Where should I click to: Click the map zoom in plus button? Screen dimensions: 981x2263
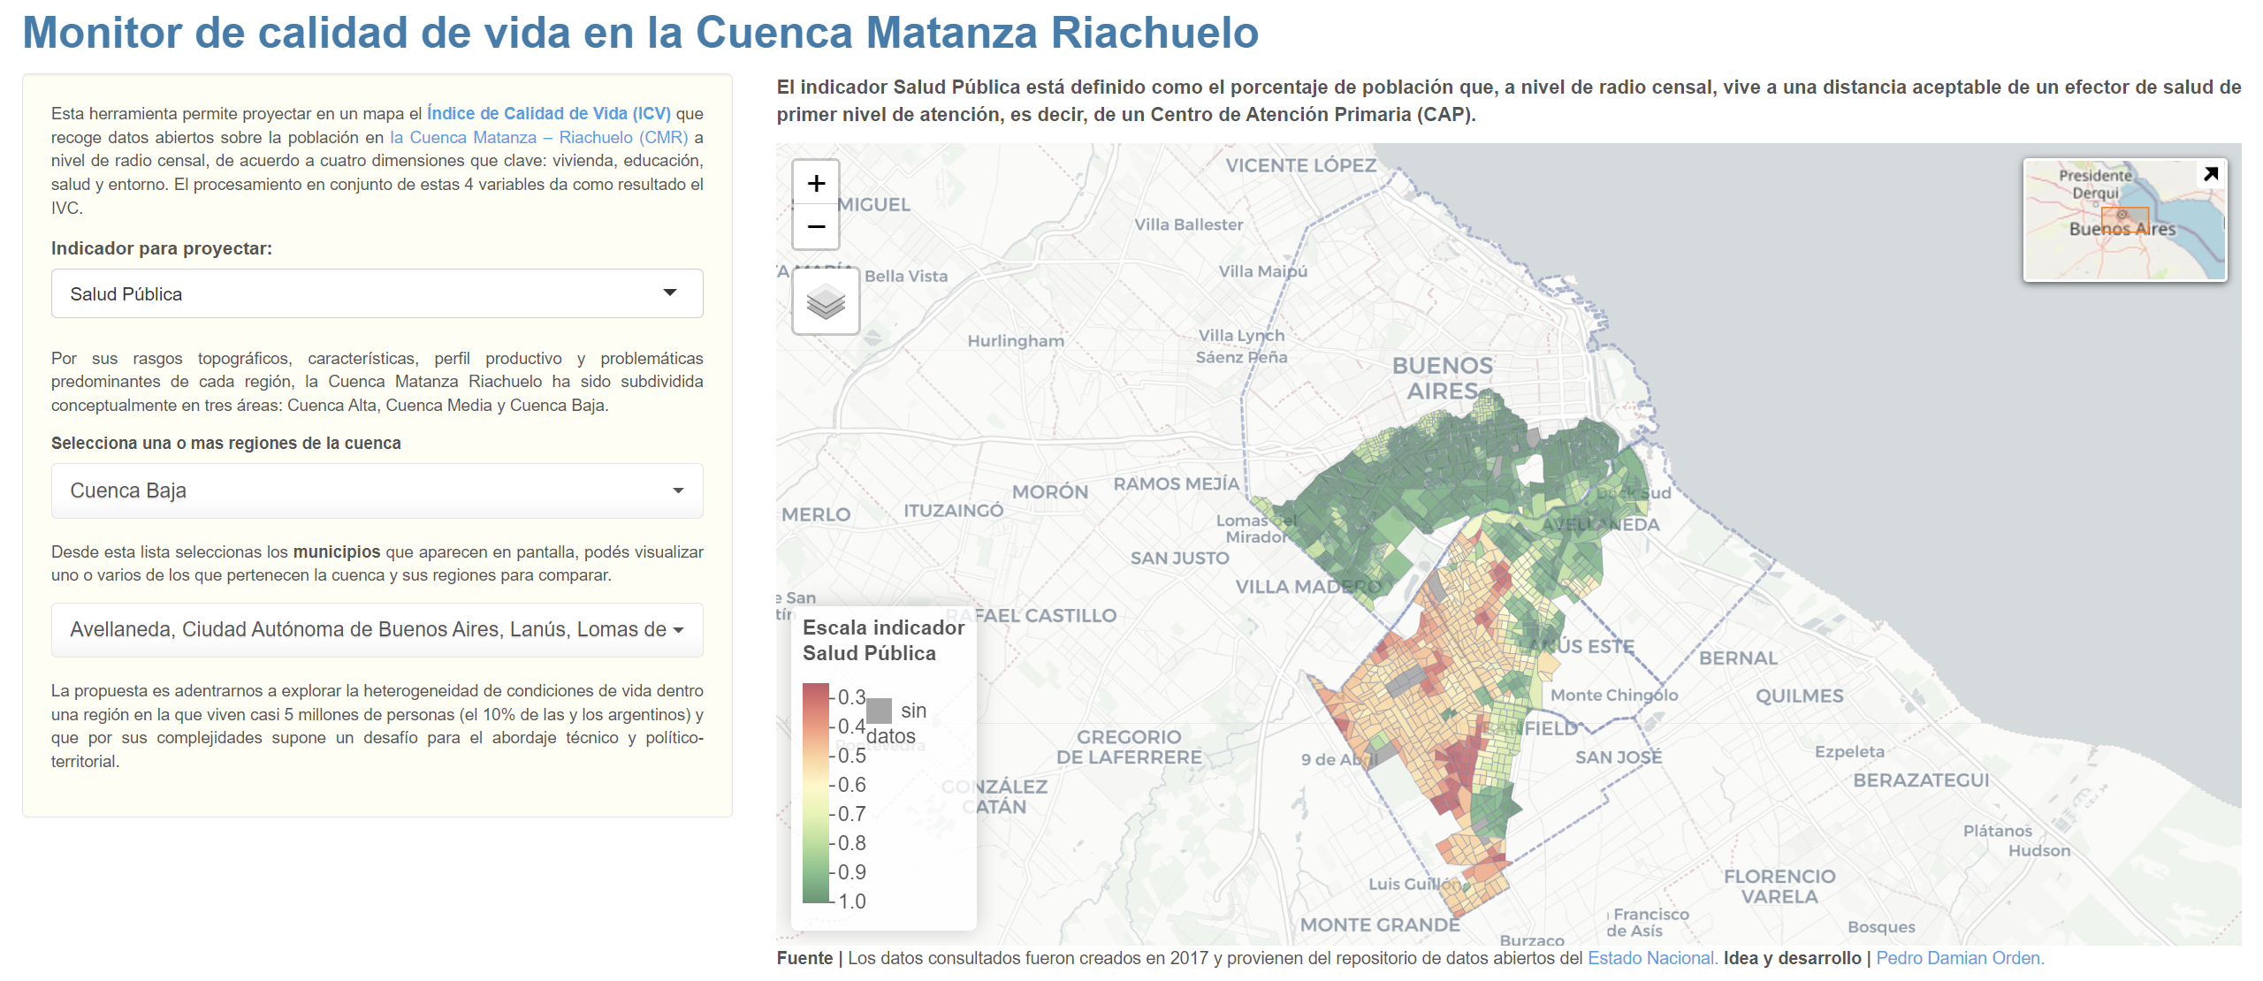[816, 184]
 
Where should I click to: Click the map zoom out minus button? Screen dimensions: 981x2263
[816, 227]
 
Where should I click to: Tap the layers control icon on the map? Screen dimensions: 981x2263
[826, 302]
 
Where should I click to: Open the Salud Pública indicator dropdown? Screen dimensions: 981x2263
[377, 293]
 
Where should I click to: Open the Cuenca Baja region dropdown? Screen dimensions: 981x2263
[377, 490]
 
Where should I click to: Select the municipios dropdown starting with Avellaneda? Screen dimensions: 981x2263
[377, 629]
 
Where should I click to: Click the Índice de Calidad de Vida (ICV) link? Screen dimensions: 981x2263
[548, 113]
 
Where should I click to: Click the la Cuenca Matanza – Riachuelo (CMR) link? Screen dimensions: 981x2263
[538, 137]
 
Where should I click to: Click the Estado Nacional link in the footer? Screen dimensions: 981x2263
[1651, 958]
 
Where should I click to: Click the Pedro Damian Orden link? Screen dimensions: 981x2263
[1959, 958]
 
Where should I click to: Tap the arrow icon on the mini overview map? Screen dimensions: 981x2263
[2210, 174]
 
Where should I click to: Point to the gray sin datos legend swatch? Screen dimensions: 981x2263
[879, 711]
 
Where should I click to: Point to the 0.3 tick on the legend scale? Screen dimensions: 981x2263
[850, 697]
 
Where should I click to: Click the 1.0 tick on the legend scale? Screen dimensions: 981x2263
[850, 901]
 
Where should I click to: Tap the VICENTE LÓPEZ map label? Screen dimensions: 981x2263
[1300, 165]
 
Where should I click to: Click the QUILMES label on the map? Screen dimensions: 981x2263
[1799, 696]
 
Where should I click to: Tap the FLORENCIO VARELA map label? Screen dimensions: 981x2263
[1779, 886]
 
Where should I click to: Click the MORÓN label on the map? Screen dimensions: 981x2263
[1049, 492]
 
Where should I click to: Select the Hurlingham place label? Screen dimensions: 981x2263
[1015, 341]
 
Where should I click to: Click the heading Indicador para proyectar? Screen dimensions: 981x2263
[161, 248]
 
